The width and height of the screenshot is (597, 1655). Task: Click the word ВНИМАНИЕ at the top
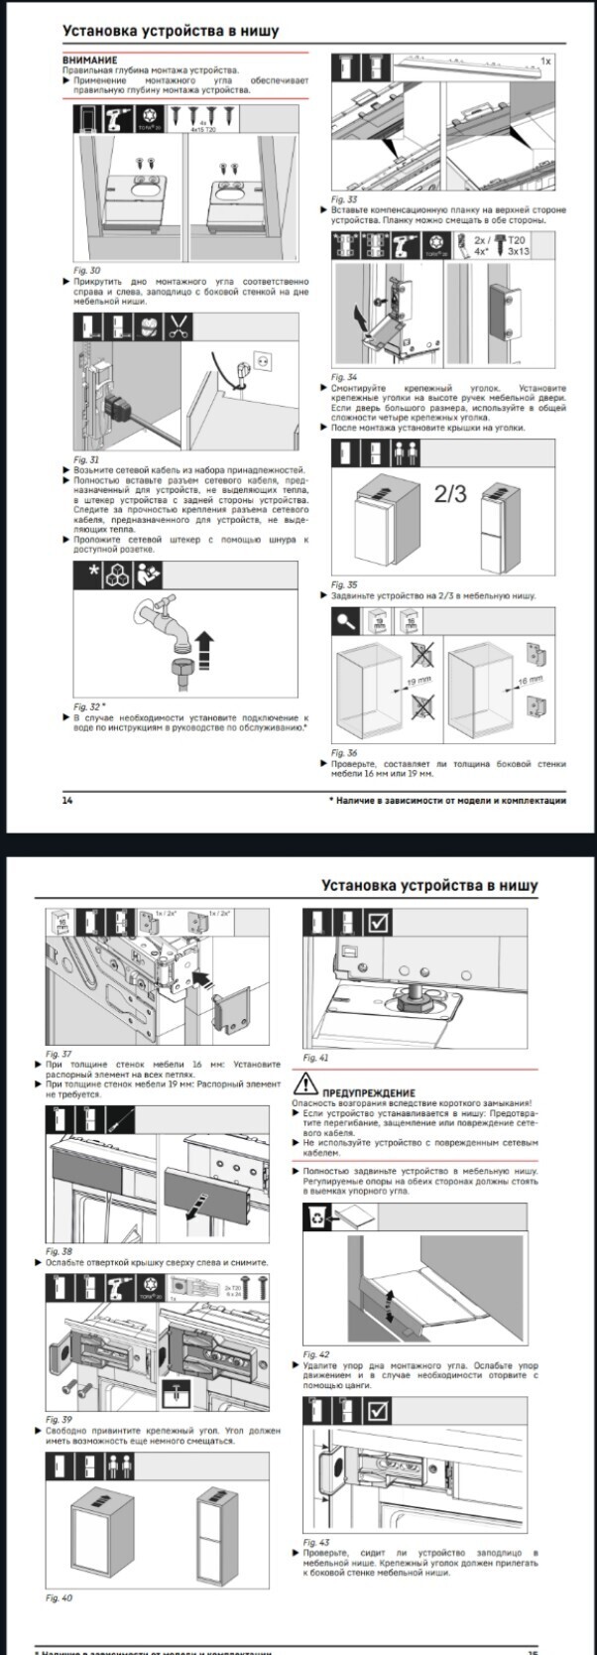pyautogui.click(x=89, y=61)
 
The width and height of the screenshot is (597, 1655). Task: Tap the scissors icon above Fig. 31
pyautogui.click(x=179, y=326)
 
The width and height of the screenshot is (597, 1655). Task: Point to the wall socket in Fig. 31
pyautogui.click(x=264, y=358)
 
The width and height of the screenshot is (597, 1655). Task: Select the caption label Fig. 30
pyautogui.click(x=87, y=270)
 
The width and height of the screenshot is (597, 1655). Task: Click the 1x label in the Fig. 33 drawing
pyautogui.click(x=545, y=62)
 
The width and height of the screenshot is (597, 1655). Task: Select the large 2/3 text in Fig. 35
pyautogui.click(x=451, y=493)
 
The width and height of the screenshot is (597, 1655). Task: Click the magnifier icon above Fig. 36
pyautogui.click(x=346, y=621)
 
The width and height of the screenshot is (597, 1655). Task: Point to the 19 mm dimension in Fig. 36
pyautogui.click(x=418, y=683)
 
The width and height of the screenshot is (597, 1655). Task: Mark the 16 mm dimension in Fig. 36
pyautogui.click(x=530, y=681)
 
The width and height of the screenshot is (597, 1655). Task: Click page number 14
pyautogui.click(x=67, y=801)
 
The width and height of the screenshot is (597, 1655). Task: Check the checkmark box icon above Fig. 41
pyautogui.click(x=379, y=924)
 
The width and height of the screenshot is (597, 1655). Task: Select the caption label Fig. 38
pyautogui.click(x=59, y=1252)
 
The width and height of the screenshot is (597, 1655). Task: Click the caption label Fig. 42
pyautogui.click(x=316, y=1354)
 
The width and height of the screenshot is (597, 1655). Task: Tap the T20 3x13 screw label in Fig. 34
pyautogui.click(x=518, y=246)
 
